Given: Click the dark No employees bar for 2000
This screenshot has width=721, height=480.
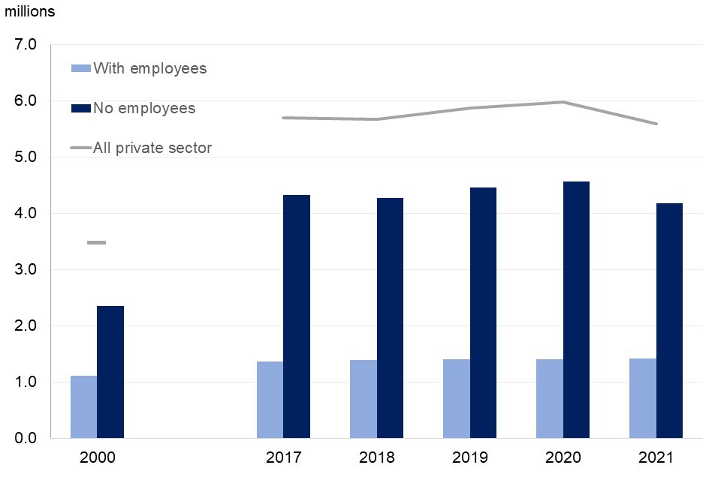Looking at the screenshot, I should pyautogui.click(x=110, y=372).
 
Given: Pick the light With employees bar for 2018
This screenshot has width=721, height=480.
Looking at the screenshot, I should pyautogui.click(x=363, y=399).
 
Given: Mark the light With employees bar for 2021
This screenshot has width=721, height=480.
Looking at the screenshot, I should pyautogui.click(x=642, y=398).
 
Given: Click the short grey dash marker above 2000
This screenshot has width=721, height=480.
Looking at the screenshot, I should pyautogui.click(x=97, y=243).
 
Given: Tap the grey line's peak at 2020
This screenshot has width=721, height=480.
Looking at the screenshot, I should pyautogui.click(x=563, y=102).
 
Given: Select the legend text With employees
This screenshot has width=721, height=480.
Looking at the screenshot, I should pyautogui.click(x=149, y=68).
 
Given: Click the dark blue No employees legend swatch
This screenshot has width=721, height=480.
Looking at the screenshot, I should pyautogui.click(x=80, y=108).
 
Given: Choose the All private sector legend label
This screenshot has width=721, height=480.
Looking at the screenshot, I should pyautogui.click(x=152, y=148).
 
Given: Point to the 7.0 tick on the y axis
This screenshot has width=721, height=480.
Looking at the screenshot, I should pyautogui.click(x=26, y=45).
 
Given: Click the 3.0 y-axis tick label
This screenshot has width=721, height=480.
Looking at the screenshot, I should pyautogui.click(x=26, y=270).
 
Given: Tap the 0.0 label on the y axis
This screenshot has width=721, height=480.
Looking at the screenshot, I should pyautogui.click(x=26, y=438).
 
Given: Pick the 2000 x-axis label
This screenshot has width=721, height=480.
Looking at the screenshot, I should pyautogui.click(x=97, y=457).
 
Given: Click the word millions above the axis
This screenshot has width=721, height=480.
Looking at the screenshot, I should pyautogui.click(x=30, y=12).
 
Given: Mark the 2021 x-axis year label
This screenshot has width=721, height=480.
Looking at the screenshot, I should pyautogui.click(x=656, y=457).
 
